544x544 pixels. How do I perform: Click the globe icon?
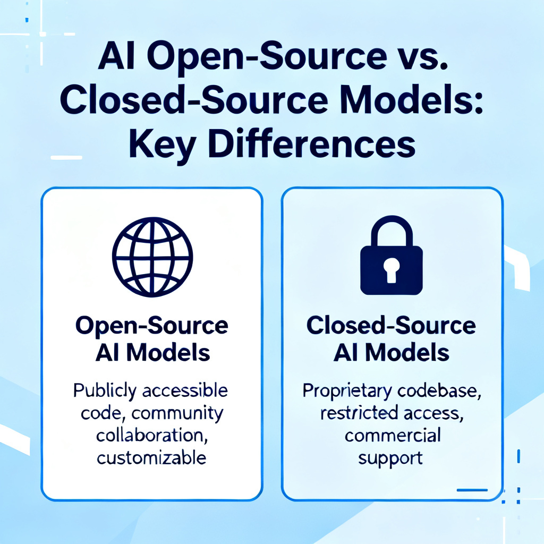(x=152, y=257)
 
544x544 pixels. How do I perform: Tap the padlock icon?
(x=392, y=256)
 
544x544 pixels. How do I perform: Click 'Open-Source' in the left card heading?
(x=152, y=327)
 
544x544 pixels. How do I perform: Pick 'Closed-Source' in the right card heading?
(x=391, y=326)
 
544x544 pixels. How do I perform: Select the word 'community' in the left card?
(x=177, y=414)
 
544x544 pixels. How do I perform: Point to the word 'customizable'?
(x=151, y=457)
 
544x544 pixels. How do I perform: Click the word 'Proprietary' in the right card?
(x=347, y=391)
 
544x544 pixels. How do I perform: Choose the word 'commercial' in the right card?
(x=393, y=436)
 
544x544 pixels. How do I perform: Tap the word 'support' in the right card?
(x=390, y=458)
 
